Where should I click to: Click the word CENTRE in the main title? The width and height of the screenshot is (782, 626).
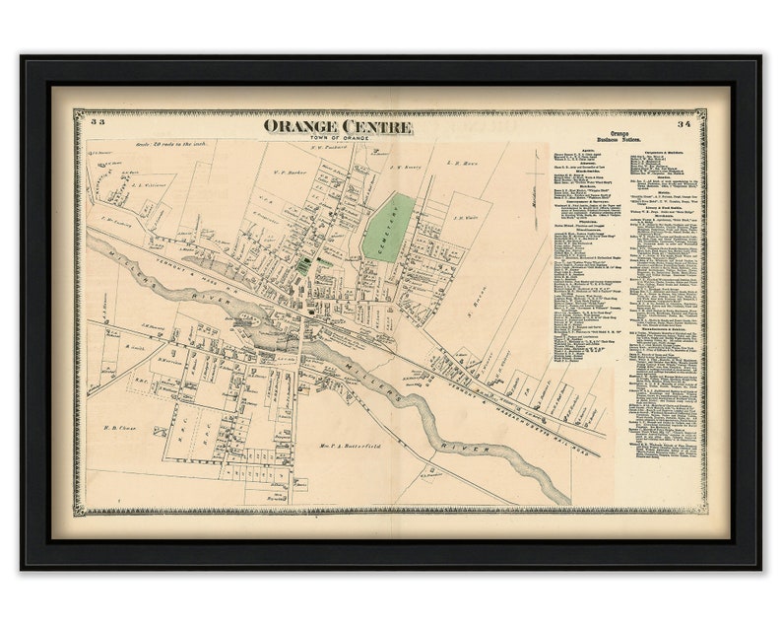click(x=375, y=126)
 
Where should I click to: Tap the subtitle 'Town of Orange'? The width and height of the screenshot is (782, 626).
click(x=337, y=138)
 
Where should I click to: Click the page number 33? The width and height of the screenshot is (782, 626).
click(x=97, y=123)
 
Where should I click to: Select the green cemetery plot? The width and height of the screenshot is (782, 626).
click(x=388, y=227)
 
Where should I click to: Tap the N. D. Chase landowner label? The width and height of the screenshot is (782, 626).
click(x=119, y=428)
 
